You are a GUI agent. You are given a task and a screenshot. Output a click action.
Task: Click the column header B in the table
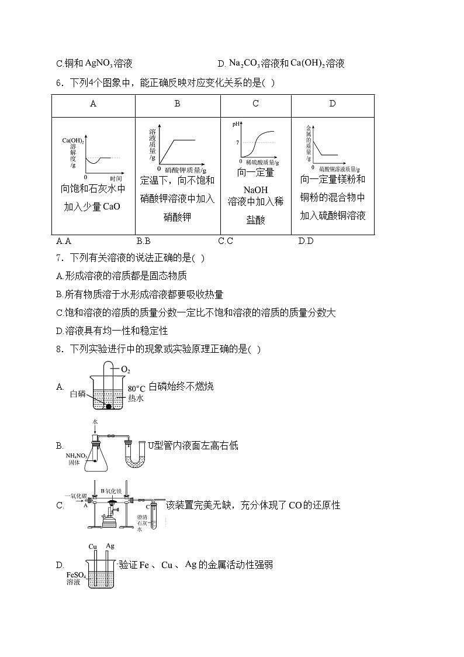(177, 104)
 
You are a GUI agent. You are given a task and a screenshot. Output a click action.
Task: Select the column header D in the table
(332, 104)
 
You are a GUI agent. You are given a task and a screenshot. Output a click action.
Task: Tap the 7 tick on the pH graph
(238, 142)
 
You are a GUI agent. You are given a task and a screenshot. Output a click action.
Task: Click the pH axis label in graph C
(237, 124)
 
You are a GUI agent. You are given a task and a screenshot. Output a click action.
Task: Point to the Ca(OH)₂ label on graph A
(73, 140)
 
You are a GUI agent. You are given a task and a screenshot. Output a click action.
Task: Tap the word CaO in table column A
(111, 206)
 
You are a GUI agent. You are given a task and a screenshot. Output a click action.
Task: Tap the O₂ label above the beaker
(125, 370)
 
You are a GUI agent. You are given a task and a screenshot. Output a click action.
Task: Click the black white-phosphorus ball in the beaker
(108, 406)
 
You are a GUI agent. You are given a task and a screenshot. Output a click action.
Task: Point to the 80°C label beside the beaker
(136, 388)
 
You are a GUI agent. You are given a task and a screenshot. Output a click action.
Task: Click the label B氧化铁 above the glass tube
(110, 491)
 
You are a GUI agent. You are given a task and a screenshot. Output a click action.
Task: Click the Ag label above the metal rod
(109, 546)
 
